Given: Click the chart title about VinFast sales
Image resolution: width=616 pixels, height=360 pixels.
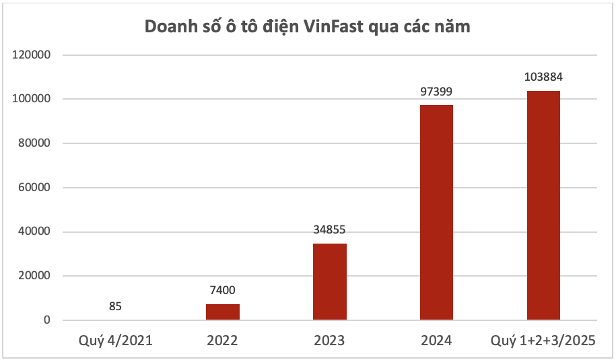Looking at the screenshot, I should pyautogui.click(x=308, y=28).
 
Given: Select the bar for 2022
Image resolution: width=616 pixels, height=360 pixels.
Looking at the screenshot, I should pyautogui.click(x=222, y=312).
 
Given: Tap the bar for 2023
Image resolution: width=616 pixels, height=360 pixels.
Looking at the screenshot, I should pyautogui.click(x=329, y=282).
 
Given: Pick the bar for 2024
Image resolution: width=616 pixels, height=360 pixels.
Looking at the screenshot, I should pyautogui.click(x=436, y=213).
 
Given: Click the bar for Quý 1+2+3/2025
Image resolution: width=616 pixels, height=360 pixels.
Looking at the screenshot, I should pyautogui.click(x=543, y=205).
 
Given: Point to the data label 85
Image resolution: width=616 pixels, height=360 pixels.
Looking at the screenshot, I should pyautogui.click(x=115, y=306).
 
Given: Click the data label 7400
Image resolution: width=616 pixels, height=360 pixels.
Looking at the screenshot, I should pyautogui.click(x=222, y=290).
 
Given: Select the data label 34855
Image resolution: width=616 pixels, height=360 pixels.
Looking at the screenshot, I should pyautogui.click(x=329, y=229).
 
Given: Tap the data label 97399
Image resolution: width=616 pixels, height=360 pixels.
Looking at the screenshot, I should pyautogui.click(x=436, y=91).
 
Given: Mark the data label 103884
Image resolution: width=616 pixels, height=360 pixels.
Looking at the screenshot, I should pyautogui.click(x=543, y=77).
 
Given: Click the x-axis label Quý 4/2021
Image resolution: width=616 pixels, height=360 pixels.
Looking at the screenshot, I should pyautogui.click(x=115, y=340).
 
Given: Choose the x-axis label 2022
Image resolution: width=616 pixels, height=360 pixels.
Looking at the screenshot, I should pyautogui.click(x=222, y=340).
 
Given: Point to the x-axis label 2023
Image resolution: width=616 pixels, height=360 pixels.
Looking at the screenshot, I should pyautogui.click(x=329, y=340).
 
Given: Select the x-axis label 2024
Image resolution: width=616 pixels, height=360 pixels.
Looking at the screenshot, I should pyautogui.click(x=436, y=340).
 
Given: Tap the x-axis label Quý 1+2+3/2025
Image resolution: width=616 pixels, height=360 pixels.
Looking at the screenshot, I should pyautogui.click(x=543, y=340).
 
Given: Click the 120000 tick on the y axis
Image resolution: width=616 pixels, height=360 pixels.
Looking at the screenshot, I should pyautogui.click(x=32, y=55).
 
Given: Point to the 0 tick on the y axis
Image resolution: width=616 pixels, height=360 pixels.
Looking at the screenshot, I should pyautogui.click(x=48, y=320).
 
